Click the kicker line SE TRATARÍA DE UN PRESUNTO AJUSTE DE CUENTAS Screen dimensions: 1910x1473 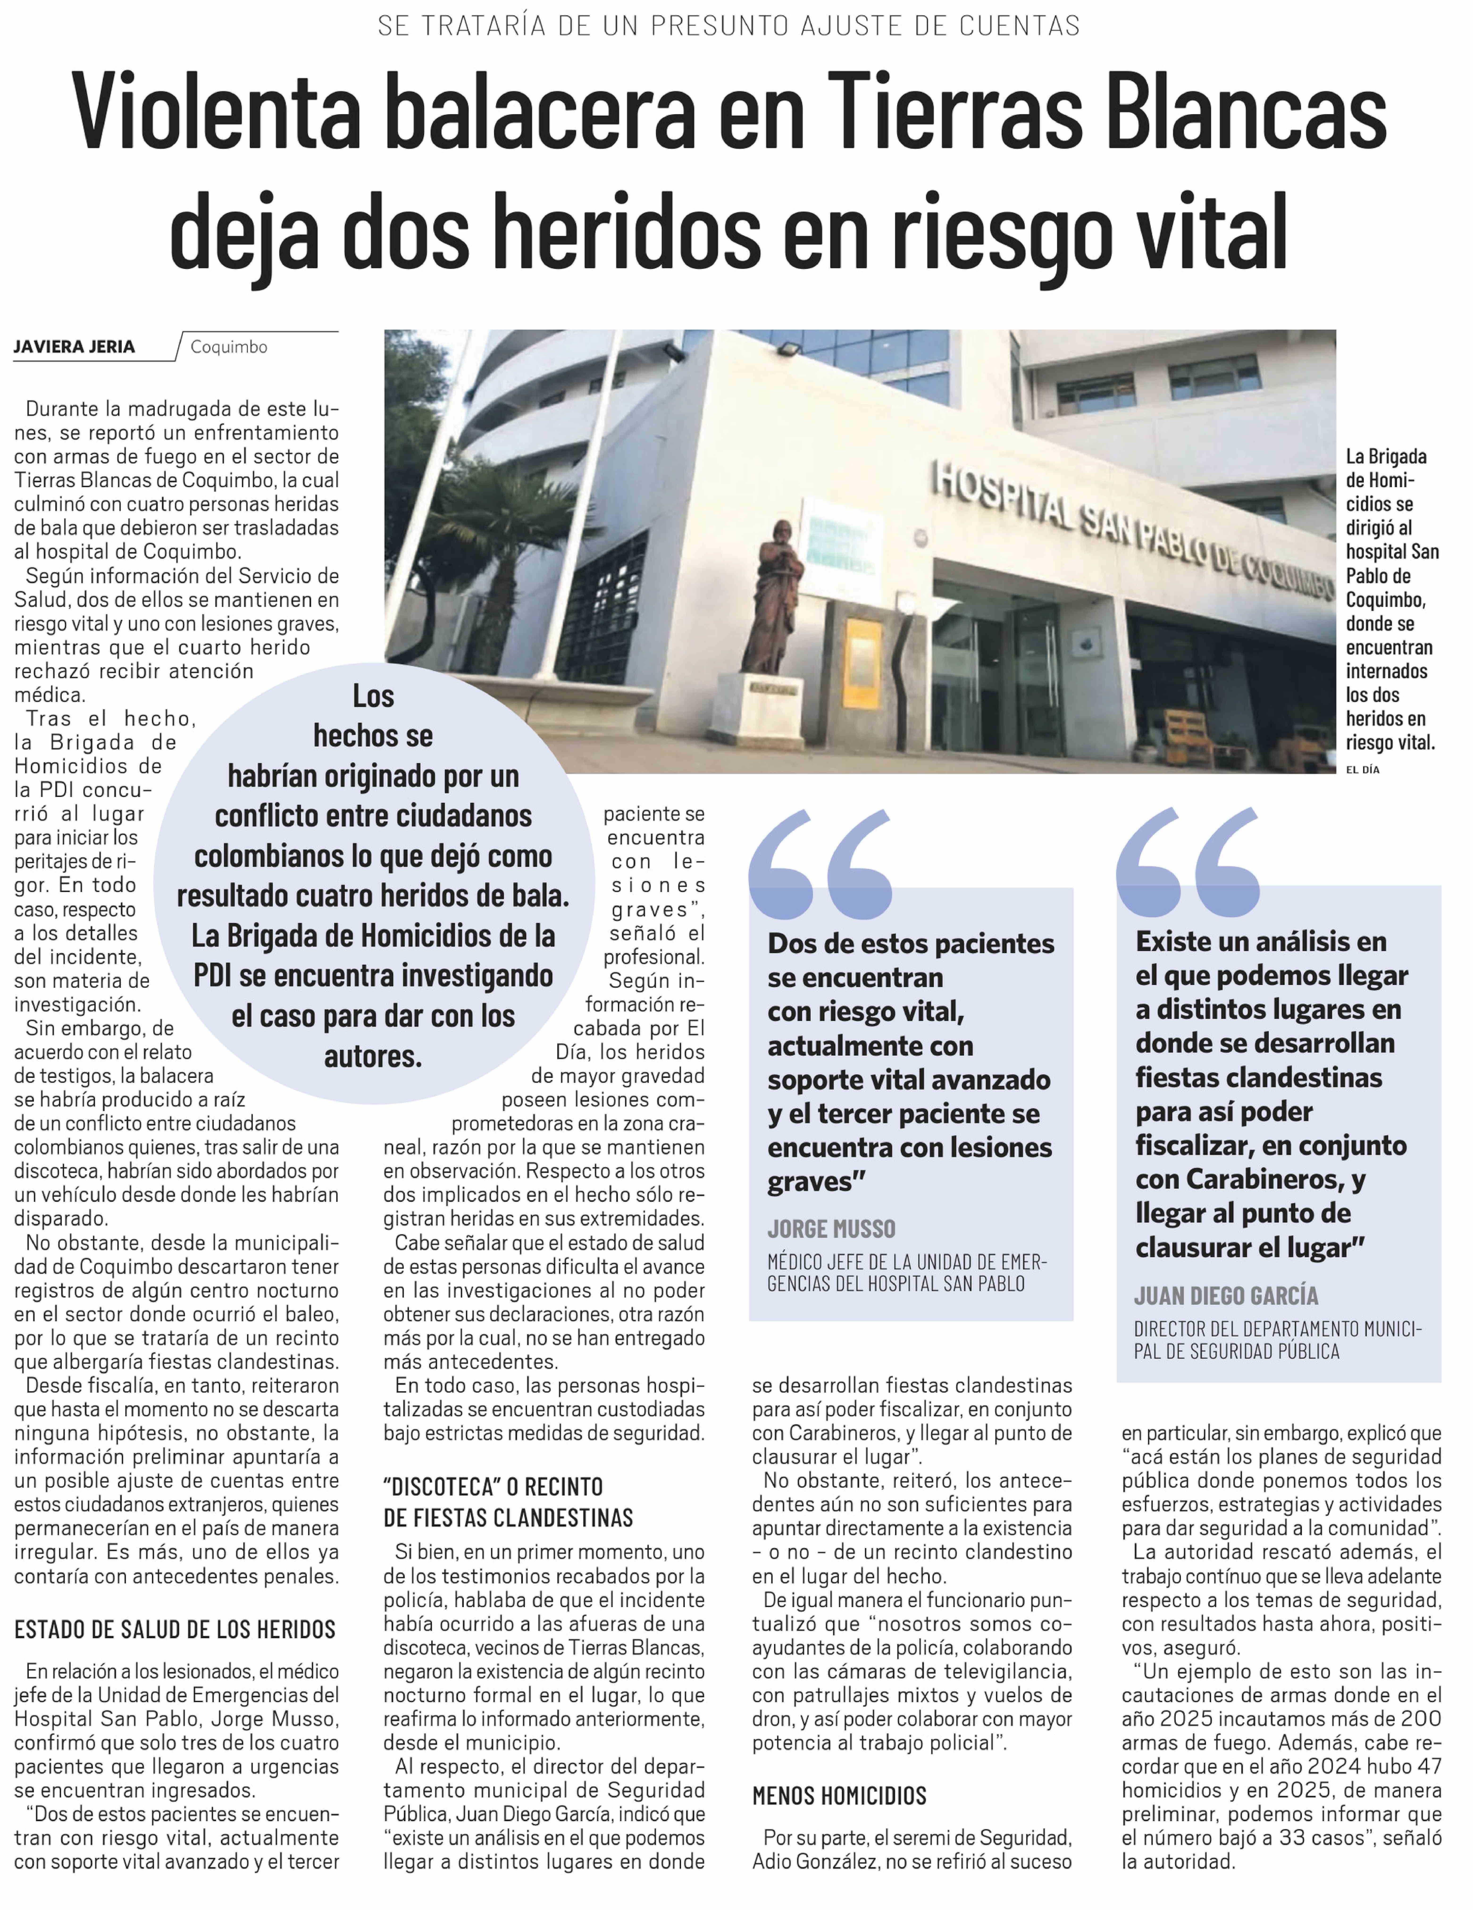click(x=729, y=26)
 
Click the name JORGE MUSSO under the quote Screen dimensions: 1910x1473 click(x=831, y=1229)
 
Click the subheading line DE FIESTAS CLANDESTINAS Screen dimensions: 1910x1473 click(x=507, y=1517)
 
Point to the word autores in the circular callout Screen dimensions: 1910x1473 click(x=373, y=1056)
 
